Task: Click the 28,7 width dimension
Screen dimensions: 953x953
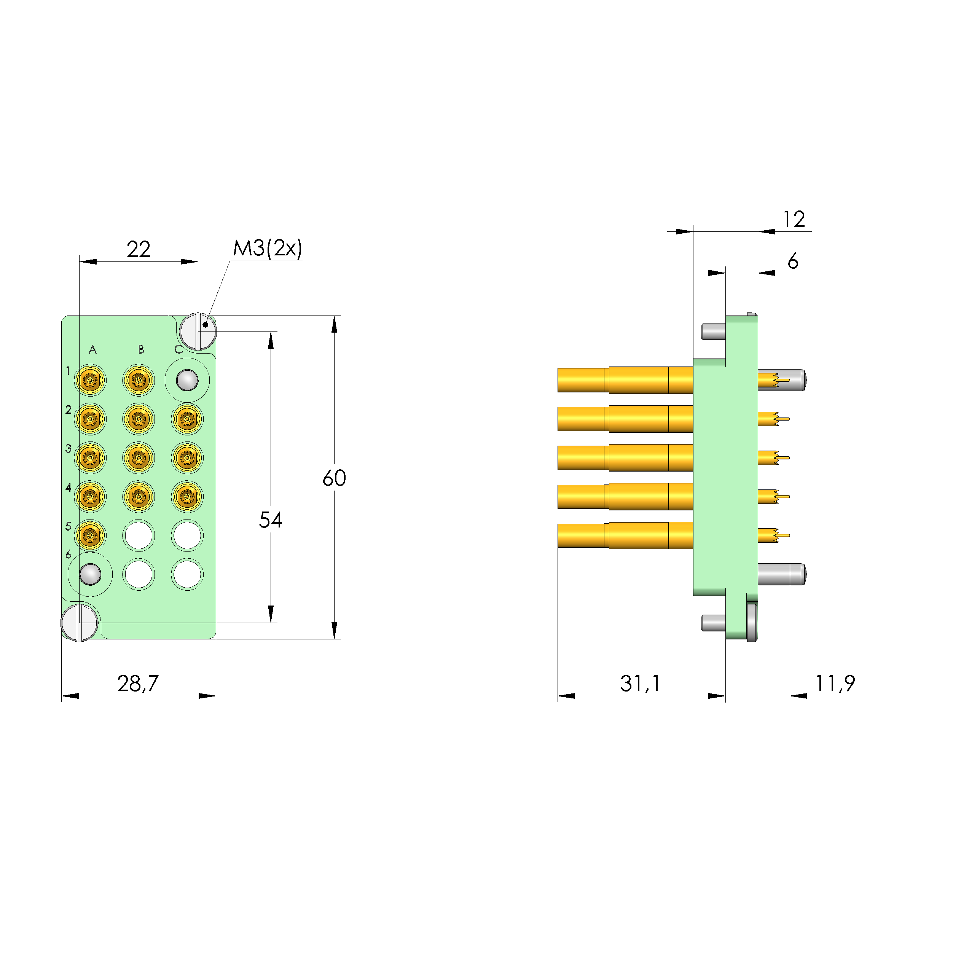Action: click(x=138, y=683)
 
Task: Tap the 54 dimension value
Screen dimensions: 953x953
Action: click(x=270, y=520)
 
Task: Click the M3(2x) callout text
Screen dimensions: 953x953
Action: click(x=267, y=248)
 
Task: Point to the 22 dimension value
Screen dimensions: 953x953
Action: click(x=138, y=249)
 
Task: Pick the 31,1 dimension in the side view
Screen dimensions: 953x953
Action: click(x=640, y=683)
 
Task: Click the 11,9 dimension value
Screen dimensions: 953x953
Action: click(x=835, y=683)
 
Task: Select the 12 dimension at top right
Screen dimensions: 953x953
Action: click(x=794, y=219)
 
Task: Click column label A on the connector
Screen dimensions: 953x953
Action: click(x=92, y=350)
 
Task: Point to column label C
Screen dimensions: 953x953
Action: click(x=178, y=350)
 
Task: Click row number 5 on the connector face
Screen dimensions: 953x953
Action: click(x=68, y=526)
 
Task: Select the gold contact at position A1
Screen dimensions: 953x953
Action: click(x=90, y=380)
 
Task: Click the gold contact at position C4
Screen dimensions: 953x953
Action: click(x=188, y=496)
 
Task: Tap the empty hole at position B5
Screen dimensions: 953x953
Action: click(x=139, y=535)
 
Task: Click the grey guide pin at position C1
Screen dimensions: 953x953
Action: click(x=188, y=380)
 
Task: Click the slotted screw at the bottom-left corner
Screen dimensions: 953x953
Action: click(x=80, y=623)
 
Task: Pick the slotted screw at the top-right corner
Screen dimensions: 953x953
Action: click(x=198, y=331)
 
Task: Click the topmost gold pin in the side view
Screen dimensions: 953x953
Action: click(x=625, y=380)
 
